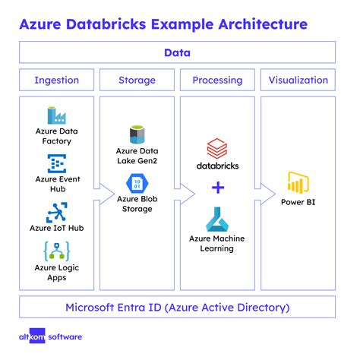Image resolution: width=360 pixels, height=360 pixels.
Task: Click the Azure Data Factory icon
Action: (x=57, y=115)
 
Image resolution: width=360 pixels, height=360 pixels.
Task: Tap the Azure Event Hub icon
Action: (x=57, y=163)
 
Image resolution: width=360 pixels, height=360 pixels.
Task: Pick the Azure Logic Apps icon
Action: (x=57, y=251)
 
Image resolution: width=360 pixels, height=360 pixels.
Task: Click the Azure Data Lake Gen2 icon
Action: (x=137, y=135)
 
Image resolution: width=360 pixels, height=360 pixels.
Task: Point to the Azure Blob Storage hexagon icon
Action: (x=137, y=185)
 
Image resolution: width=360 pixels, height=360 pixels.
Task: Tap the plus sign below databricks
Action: (x=217, y=188)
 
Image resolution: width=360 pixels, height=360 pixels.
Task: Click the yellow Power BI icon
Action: (x=298, y=183)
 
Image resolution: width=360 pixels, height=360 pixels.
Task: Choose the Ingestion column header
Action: (x=57, y=80)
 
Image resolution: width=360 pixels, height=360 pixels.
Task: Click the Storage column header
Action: (x=137, y=80)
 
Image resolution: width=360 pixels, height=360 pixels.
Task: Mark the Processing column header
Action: (x=217, y=80)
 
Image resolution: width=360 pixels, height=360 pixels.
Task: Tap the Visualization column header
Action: (x=298, y=80)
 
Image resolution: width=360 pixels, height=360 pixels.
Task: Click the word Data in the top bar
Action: (x=177, y=52)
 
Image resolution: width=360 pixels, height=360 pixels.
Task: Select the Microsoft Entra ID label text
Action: (x=177, y=308)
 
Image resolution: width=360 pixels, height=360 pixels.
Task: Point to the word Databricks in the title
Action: (x=123, y=24)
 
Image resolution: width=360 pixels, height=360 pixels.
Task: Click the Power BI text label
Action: (x=298, y=203)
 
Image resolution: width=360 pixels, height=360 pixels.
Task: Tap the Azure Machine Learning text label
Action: (x=217, y=243)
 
